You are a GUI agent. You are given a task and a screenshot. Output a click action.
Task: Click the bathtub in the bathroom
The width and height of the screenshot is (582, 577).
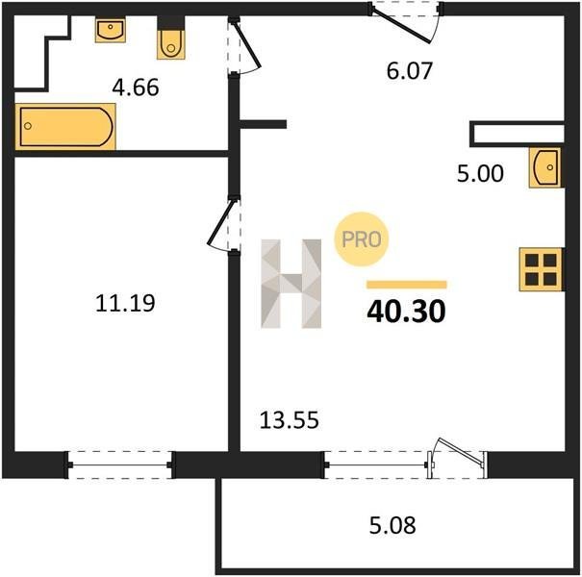[x=65, y=127]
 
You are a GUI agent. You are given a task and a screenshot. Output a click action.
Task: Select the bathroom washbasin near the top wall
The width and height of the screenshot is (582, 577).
[x=110, y=31]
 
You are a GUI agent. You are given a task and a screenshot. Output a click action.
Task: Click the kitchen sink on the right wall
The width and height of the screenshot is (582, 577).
[x=544, y=167]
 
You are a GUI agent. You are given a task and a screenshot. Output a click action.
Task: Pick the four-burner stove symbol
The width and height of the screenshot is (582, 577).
[x=541, y=269]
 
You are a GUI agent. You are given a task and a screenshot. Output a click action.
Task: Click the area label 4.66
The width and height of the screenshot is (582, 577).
[x=136, y=88]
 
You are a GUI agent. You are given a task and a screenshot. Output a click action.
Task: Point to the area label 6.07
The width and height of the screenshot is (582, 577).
[x=410, y=71]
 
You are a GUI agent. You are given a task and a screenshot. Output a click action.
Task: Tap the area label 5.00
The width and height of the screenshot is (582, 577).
[x=480, y=173]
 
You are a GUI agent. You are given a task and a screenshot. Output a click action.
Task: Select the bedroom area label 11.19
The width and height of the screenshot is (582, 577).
[x=125, y=303]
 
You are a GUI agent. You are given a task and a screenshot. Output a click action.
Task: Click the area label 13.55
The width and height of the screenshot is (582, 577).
[x=290, y=420]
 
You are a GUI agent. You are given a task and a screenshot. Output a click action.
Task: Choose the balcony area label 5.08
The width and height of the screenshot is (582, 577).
[x=392, y=525]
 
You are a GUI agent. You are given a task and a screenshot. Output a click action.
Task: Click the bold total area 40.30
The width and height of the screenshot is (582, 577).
[x=406, y=312]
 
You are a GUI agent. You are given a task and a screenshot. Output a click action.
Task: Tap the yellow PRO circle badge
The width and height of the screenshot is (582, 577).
[x=362, y=239]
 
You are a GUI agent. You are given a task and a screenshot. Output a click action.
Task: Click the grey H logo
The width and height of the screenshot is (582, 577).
[x=291, y=284]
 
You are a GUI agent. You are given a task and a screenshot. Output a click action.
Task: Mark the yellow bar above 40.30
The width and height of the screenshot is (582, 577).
[x=407, y=285]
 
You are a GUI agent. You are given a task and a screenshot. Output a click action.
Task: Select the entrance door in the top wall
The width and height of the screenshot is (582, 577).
[x=401, y=25]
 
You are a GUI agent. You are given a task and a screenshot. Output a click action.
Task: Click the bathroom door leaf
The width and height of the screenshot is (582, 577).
[x=246, y=44]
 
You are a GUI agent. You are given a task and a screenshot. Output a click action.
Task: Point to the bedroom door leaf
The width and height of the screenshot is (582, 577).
[x=221, y=223]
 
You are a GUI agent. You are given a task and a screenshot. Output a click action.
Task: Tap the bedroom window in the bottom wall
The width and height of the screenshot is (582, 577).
[x=118, y=464]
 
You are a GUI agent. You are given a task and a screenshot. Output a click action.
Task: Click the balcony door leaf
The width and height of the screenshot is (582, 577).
[x=460, y=452]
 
